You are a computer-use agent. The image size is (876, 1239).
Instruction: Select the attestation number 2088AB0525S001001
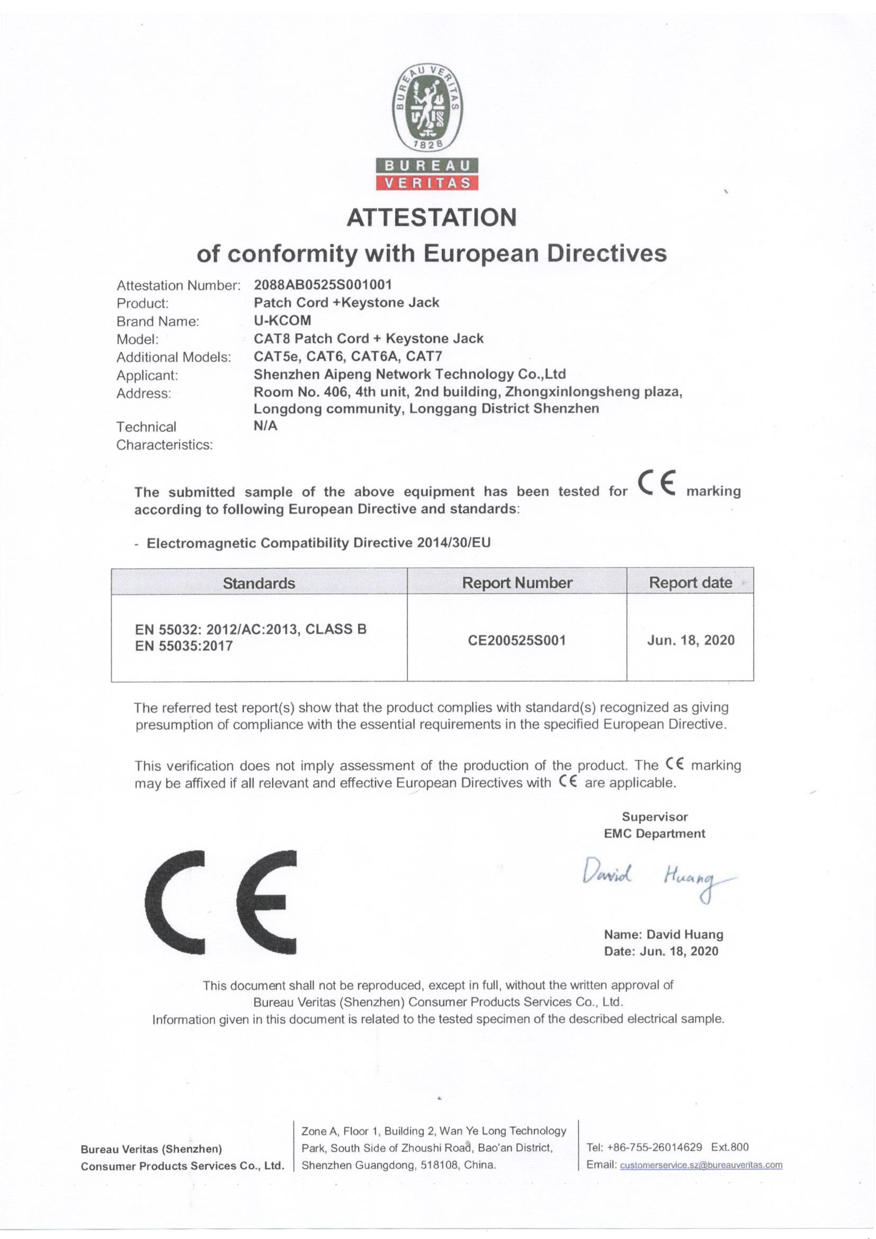(x=323, y=284)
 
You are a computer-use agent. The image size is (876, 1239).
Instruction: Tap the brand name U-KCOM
(x=282, y=320)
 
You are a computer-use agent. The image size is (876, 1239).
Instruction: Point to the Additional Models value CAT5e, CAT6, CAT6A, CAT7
(x=348, y=356)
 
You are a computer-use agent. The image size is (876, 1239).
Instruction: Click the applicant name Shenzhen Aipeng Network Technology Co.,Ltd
(x=409, y=374)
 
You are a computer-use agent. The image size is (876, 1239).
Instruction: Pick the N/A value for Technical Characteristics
(x=265, y=426)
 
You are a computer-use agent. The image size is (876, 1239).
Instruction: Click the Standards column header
(x=259, y=583)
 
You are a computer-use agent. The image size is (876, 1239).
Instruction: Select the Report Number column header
(x=517, y=583)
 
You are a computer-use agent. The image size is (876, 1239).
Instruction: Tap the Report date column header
(x=690, y=582)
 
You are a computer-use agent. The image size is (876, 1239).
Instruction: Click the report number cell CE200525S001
(x=517, y=640)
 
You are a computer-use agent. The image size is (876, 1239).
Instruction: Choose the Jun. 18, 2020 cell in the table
(x=691, y=640)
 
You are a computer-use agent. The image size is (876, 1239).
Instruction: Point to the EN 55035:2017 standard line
(x=183, y=646)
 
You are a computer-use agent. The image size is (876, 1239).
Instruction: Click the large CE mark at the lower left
(x=221, y=902)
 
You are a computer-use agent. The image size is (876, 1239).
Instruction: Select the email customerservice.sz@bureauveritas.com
(x=701, y=1164)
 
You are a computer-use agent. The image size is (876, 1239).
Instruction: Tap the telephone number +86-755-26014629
(x=655, y=1147)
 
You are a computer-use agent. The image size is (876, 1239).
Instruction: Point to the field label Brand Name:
(x=157, y=322)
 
